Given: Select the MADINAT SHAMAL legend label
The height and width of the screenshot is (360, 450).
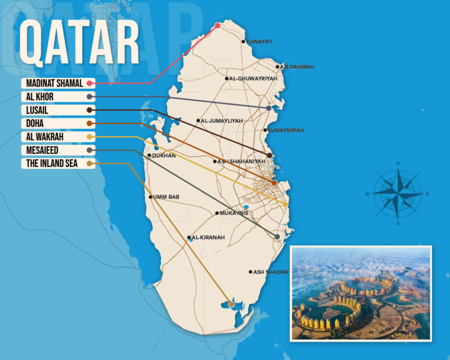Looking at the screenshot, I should tap(54, 83).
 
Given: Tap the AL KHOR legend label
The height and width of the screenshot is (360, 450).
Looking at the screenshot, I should tap(40, 97).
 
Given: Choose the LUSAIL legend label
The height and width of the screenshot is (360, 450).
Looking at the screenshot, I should tap(37, 110).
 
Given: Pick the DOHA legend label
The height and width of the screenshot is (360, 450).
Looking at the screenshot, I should tap(35, 124).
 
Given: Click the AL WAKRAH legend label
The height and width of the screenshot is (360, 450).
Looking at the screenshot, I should tap(45, 137).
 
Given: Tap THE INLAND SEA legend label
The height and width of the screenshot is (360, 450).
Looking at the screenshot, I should tap(52, 164).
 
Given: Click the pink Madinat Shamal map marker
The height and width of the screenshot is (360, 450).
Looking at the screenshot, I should tap(217, 25).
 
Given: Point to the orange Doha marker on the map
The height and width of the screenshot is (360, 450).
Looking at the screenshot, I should tap(274, 183).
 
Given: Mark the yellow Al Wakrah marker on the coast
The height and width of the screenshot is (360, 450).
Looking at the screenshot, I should tap(285, 204).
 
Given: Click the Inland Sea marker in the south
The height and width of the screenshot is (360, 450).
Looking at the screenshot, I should tap(231, 304).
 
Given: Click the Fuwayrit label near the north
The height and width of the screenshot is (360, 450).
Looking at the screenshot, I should tap(259, 41).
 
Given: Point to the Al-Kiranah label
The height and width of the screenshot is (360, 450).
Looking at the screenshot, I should tap(208, 238).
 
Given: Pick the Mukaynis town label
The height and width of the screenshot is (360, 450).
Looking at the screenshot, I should tap(233, 213).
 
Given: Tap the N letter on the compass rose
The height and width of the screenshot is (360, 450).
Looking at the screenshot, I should tap(398, 163).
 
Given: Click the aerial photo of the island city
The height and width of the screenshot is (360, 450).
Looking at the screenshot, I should tap(360, 293).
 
